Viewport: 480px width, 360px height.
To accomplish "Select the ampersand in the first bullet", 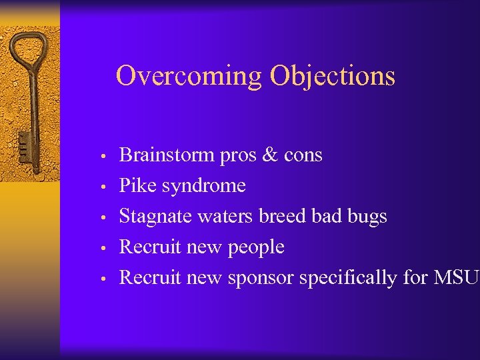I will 271,155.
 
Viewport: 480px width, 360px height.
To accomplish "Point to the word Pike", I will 136,185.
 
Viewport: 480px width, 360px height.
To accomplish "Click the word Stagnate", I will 152,217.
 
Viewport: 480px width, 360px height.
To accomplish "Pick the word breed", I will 282,216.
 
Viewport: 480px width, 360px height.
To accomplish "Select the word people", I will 256,248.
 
